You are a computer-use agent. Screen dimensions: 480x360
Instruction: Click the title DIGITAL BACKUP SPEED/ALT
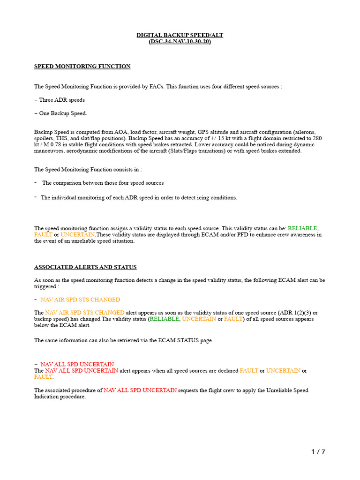(180, 35)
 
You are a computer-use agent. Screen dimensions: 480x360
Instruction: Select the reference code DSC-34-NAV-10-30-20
(180, 41)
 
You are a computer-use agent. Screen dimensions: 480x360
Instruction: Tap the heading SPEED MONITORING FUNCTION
(82, 67)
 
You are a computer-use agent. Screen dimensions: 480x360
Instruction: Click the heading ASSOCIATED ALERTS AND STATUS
(85, 267)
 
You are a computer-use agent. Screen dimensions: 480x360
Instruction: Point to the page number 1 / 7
(318, 452)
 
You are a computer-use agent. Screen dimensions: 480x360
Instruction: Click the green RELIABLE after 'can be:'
(302, 228)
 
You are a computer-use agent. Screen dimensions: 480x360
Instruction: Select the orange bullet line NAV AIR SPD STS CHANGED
(80, 300)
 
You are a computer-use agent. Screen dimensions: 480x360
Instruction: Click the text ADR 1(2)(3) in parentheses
(287, 313)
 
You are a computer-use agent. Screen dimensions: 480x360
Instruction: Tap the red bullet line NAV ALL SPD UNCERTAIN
(77, 364)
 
